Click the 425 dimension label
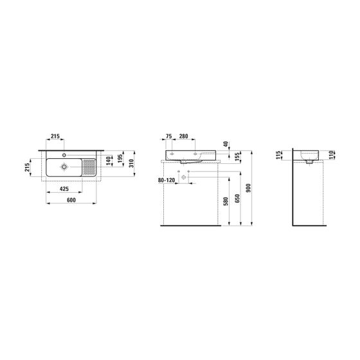[64, 189]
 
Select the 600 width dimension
[71, 200]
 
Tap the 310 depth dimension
[131, 163]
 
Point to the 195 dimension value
[120, 159]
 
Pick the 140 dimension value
[109, 161]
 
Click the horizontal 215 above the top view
[55, 136]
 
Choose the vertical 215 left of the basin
[27, 167]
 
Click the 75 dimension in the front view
[168, 136]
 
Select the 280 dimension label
[184, 136]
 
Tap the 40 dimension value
[226, 145]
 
